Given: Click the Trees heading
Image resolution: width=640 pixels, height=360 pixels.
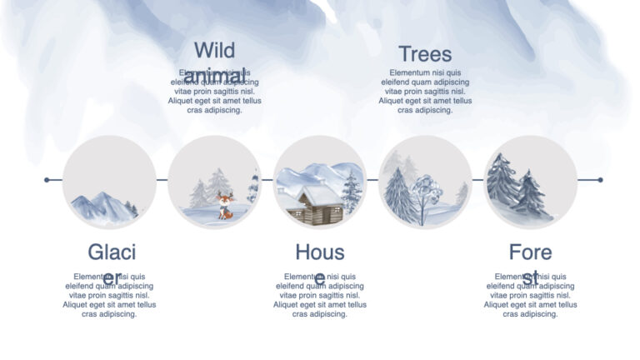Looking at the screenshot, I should pos(425,54).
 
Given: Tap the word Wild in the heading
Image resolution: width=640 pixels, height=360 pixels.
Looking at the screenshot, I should pos(214,50).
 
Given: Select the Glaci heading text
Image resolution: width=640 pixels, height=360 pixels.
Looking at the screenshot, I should pos(112,252).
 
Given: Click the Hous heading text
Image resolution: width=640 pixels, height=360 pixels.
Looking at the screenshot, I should pos(319,252).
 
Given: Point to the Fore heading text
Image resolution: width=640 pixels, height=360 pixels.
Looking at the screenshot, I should pos(530,252).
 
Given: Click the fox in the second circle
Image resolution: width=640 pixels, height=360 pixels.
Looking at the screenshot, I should pos(225,205).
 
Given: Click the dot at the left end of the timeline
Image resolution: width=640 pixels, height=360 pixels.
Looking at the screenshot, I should pos(47,180).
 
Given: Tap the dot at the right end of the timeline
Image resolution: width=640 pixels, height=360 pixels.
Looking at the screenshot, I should pos(600,180).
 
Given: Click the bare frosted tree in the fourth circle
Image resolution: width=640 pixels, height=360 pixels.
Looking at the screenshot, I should pos(427,195).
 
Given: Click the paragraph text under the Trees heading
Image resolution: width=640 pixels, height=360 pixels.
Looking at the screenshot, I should pos(425,92).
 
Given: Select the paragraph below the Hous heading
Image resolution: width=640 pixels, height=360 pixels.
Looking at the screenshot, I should pos(319,296).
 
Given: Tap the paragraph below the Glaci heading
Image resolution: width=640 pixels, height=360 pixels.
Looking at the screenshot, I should pos(109,296).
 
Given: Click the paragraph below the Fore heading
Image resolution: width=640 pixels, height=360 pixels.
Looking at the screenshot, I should pos(530,296).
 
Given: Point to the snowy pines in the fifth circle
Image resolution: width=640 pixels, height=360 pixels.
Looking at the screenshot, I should pos(517,188).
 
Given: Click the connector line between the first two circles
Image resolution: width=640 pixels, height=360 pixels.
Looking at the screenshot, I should pos(162,180).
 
